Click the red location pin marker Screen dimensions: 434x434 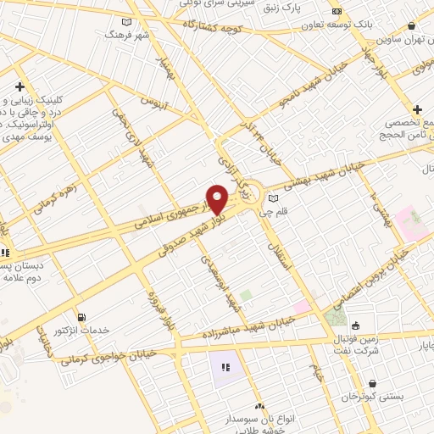coord(217,199)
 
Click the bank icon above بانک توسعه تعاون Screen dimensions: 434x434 coord(337,12)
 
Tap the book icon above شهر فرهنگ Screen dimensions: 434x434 coord(126,22)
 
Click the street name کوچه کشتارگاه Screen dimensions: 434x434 coord(220,28)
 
